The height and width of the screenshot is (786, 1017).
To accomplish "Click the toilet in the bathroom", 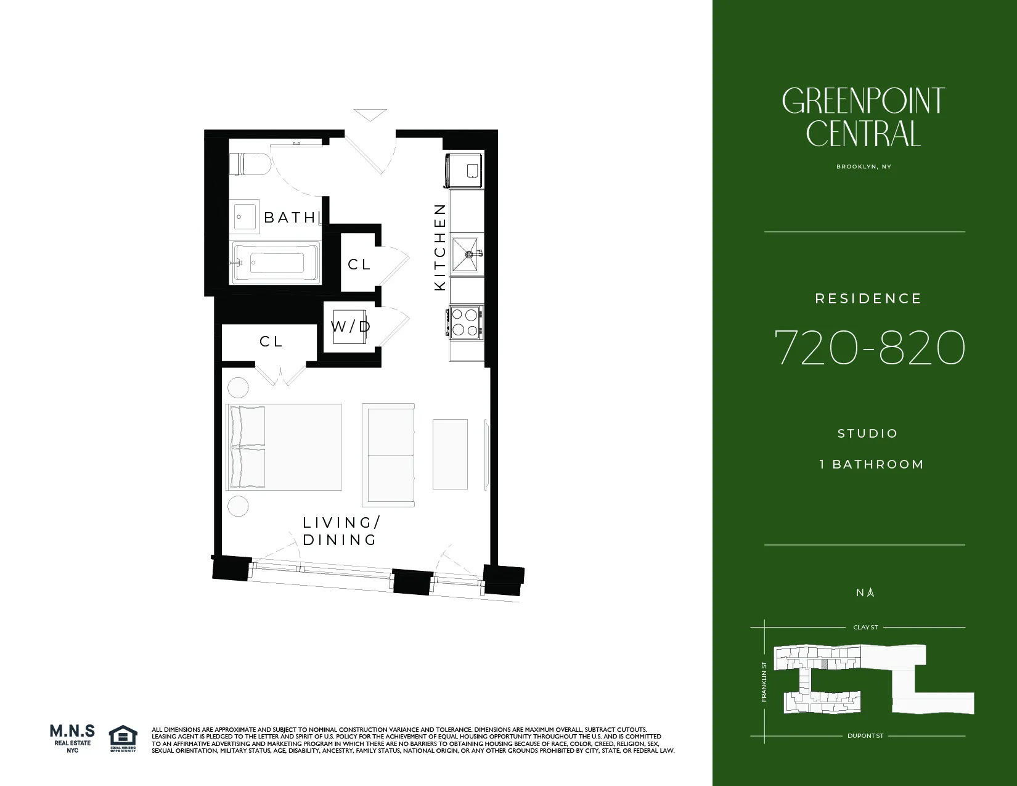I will (x=250, y=165).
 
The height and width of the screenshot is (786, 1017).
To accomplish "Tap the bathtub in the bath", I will (x=276, y=263).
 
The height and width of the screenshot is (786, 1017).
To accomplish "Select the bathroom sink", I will (x=246, y=217).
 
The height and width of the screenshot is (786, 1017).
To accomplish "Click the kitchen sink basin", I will (x=466, y=253).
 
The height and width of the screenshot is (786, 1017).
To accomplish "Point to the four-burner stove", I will (x=465, y=322).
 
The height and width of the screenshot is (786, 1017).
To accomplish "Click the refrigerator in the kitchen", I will (x=464, y=171).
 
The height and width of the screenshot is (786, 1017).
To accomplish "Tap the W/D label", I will (x=351, y=327).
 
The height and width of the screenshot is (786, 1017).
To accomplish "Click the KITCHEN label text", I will (x=440, y=247).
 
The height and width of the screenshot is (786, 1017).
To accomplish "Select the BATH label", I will (x=290, y=218).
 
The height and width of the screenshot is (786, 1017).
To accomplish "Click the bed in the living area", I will (x=284, y=447).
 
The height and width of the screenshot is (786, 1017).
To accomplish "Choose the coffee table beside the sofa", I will (x=450, y=454).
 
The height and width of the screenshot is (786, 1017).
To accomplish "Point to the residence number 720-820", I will (x=869, y=348).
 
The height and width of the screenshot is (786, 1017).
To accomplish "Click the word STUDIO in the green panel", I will (x=868, y=433).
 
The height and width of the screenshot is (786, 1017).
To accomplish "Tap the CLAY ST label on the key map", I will (x=865, y=628).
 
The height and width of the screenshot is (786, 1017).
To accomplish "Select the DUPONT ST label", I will (x=865, y=736).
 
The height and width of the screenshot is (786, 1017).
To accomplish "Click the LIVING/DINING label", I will (x=341, y=531).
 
